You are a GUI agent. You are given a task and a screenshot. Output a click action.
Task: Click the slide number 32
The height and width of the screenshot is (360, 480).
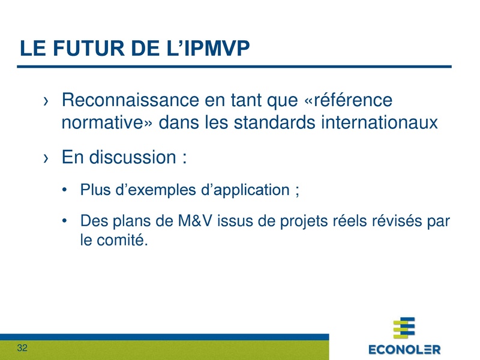tap(23, 349)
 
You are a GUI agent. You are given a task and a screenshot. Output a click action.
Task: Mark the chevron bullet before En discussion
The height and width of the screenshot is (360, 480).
tap(46, 158)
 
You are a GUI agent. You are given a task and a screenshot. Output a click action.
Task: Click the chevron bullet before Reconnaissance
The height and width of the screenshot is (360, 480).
tap(46, 101)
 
